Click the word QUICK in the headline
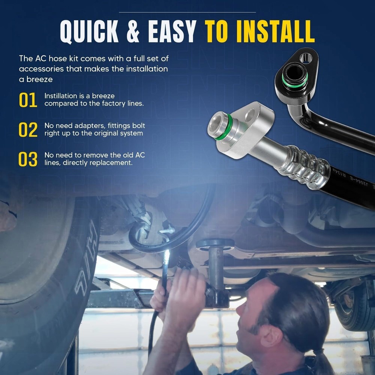click(89, 31)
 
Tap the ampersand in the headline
click(133, 31)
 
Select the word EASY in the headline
click(172, 31)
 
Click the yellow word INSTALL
click(275, 31)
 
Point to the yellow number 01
click(28, 100)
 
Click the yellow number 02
click(28, 130)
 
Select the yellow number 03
click(28, 159)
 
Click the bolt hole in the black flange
click(306, 58)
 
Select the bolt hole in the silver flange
click(250, 114)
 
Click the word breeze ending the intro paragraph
click(39, 79)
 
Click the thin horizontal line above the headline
click(187, 12)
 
